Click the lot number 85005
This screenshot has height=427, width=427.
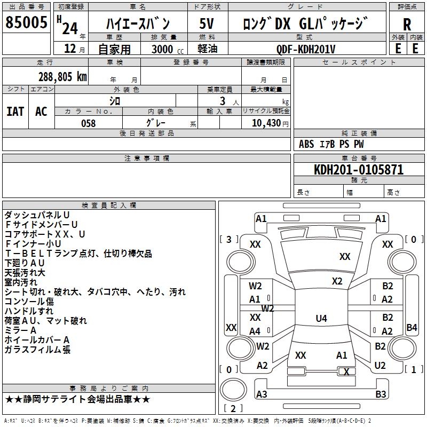tap(26, 23)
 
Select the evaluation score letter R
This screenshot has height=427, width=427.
tap(407, 25)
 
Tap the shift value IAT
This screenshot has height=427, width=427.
tap(15, 112)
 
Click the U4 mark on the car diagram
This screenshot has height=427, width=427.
tap(321, 319)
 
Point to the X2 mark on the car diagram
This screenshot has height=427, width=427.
tap(337, 281)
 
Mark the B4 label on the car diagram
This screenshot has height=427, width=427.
tap(412, 327)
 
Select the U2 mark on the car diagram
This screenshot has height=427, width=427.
tap(380, 366)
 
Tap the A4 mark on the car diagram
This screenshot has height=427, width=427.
tap(255, 331)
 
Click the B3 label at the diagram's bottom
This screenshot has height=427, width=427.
tap(381, 394)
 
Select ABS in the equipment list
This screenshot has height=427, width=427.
tap(306, 144)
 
